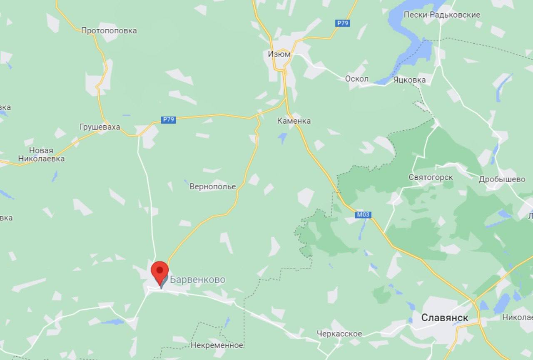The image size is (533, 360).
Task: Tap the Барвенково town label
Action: click(x=198, y=280)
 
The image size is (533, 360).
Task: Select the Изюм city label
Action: click(x=279, y=54)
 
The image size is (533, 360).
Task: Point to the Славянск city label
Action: click(x=445, y=318)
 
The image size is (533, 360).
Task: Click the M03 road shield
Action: click(x=363, y=215)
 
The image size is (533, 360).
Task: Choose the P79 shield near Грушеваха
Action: click(x=168, y=120)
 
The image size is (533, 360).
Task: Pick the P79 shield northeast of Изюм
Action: click(x=342, y=23)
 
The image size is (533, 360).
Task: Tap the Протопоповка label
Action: click(x=109, y=30)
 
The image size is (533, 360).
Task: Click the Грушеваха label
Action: click(x=100, y=127)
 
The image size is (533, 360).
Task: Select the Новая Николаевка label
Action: click(x=41, y=154)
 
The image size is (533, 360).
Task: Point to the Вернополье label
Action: click(x=212, y=186)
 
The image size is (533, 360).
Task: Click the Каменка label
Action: click(x=294, y=121)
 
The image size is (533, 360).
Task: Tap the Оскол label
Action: click(x=356, y=79)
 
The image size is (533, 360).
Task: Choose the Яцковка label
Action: click(x=409, y=79)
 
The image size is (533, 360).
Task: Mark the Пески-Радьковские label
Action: click(x=441, y=15)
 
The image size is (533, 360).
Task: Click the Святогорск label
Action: click(x=431, y=177)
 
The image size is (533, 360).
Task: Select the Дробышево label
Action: click(x=502, y=179)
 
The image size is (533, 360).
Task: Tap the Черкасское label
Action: click(x=339, y=334)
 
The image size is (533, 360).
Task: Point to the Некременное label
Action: click(x=217, y=345)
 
